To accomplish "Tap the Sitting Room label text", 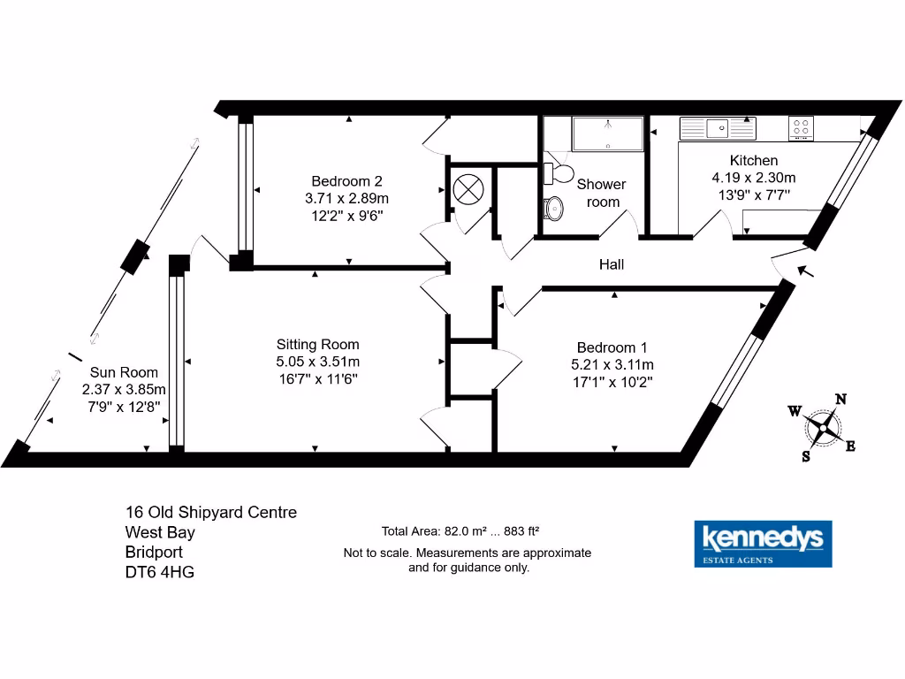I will (x=317, y=344).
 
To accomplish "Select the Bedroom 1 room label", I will (x=612, y=347).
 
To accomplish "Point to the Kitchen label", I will (x=753, y=160).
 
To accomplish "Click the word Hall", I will (x=611, y=263).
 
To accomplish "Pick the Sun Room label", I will (x=124, y=372).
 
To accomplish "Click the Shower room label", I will (x=601, y=193).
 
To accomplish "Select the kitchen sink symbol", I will (x=717, y=128).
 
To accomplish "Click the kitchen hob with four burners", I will (x=802, y=128).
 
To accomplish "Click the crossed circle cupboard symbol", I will (x=467, y=189).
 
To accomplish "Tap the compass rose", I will (x=823, y=428).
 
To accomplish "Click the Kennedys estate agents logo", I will (x=762, y=543).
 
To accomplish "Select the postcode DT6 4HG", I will (x=159, y=572).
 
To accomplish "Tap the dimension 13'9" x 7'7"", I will (x=752, y=193).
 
